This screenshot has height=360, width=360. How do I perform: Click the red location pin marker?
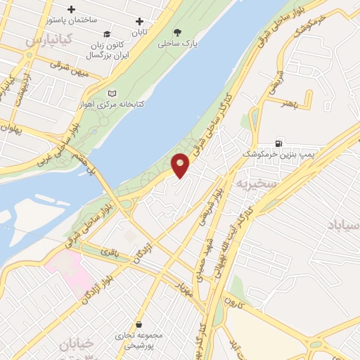181,165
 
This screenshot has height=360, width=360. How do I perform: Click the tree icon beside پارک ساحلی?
176,32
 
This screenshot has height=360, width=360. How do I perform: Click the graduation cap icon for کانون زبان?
107,34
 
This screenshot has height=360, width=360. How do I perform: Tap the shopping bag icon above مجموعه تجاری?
143,325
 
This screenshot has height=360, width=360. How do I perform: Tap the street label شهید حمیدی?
203,259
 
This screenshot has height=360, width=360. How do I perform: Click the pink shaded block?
69,271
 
